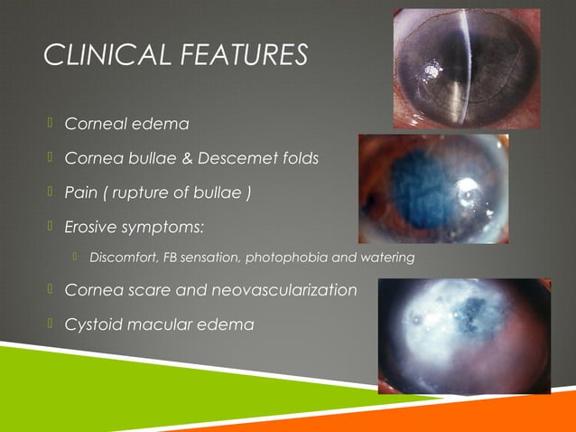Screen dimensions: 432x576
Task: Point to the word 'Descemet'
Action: pos(237,158)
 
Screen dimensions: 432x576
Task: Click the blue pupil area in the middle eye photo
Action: pos(412,186)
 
